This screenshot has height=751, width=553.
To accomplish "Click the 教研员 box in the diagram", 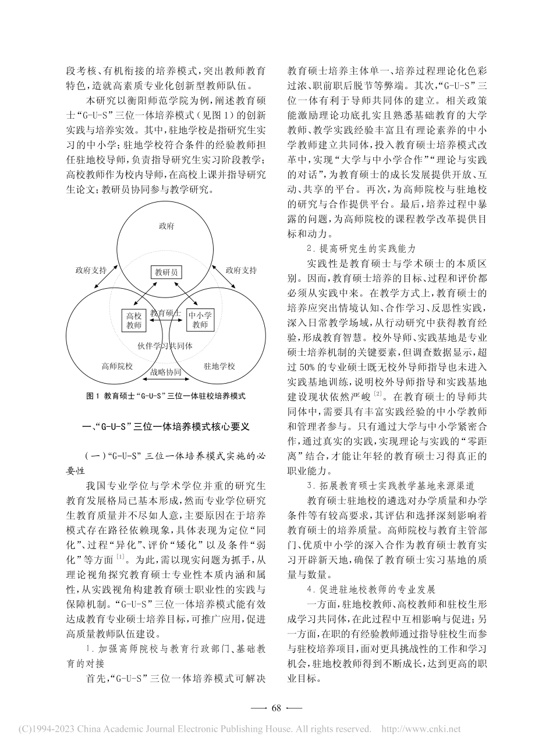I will pyautogui.click(x=166, y=272).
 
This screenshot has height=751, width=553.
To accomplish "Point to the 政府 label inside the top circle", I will pyautogui.click(x=166, y=226).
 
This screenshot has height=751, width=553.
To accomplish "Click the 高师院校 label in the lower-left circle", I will pyautogui.click(x=117, y=366).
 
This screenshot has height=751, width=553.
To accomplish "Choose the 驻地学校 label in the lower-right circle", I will pyautogui.click(x=219, y=366).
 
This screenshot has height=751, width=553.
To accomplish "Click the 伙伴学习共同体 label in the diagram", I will pyautogui.click(x=165, y=345).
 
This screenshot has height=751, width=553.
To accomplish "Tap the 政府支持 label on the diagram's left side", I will pyautogui.click(x=91, y=270).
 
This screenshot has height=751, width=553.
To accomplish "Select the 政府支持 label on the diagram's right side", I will pyautogui.click(x=241, y=270).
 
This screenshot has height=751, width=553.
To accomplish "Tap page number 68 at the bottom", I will pyautogui.click(x=276, y=708).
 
